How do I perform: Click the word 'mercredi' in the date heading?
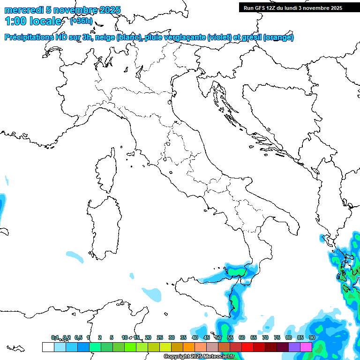pyautogui.click(x=22, y=10)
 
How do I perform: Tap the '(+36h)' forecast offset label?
pyautogui.click(x=81, y=21)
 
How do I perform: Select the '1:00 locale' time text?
pyautogui.click(x=33, y=21)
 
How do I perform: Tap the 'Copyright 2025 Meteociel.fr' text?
pyautogui.click(x=199, y=357)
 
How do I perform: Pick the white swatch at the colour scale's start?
pyautogui.click(x=48, y=347)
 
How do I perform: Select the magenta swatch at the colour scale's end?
pyautogui.click(x=306, y=347)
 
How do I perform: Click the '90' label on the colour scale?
pyautogui.click(x=312, y=337)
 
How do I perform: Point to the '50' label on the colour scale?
pyautogui.click(x=218, y=337)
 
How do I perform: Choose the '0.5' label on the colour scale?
pyautogui.click(x=79, y=337)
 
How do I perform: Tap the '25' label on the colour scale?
pyautogui.click(x=160, y=337)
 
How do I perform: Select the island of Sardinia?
pyautogui.click(x=104, y=225)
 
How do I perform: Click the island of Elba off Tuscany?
pyautogui.click(x=131, y=154)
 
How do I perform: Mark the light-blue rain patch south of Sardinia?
pyautogui.click(x=74, y=256)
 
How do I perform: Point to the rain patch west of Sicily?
pyautogui.click(x=151, y=294)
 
